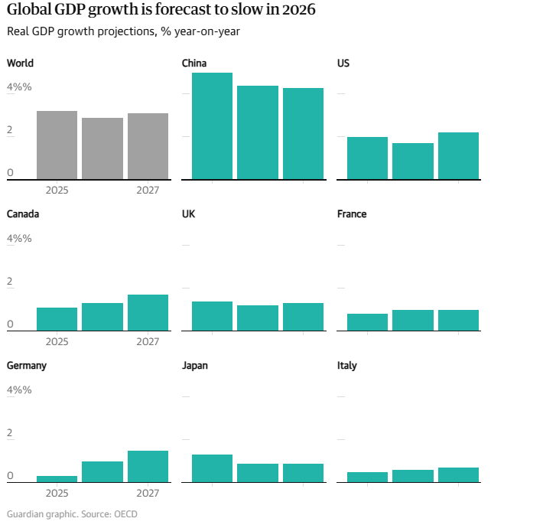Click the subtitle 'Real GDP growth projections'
127,31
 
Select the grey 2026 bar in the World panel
102,148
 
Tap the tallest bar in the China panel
212,126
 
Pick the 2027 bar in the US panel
458,156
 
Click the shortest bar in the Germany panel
57,479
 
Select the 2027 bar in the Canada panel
148,313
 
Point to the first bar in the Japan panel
212,468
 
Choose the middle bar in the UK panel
258,318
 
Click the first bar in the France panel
367,322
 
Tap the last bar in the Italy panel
458,475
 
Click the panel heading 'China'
194,63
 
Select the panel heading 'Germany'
27,366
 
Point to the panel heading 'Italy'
347,366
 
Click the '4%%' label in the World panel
19,87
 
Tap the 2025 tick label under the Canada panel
57,341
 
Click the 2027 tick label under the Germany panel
148,493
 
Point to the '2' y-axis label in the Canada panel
10,282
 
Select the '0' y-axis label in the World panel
10,173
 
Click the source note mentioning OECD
72,514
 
